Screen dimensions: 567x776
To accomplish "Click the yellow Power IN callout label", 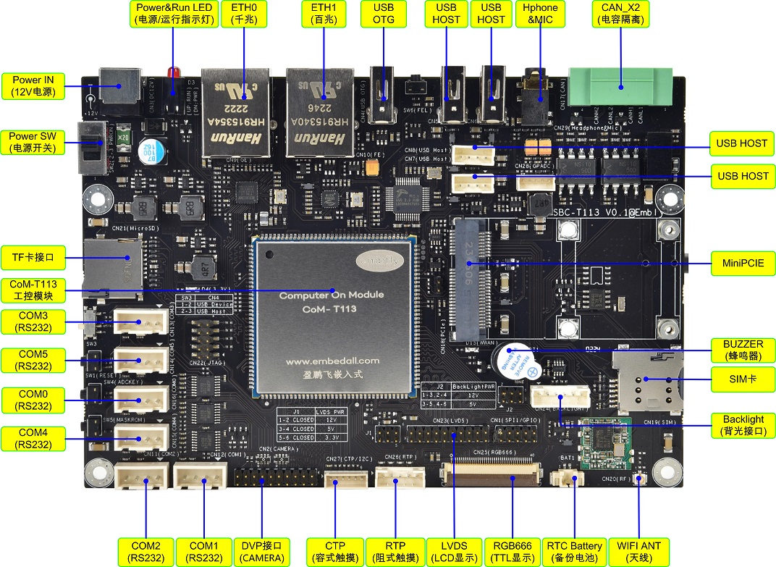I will [x=33, y=85].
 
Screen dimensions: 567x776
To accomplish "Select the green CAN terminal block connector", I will [x=621, y=88].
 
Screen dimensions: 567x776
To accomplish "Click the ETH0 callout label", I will [x=243, y=14].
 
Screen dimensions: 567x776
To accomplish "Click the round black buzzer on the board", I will [x=515, y=361].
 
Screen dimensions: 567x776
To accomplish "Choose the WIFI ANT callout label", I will [x=639, y=551].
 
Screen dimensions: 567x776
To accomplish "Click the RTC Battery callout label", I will [x=574, y=551].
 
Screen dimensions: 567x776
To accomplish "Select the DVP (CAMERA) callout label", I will [x=262, y=551].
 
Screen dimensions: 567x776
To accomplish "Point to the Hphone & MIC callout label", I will [x=541, y=14].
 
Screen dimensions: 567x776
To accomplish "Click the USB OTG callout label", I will [x=383, y=14].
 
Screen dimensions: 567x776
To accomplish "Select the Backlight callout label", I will [x=743, y=425].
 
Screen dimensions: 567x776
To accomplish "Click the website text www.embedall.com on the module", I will [x=332, y=360].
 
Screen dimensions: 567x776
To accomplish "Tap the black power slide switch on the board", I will [x=91, y=151].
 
